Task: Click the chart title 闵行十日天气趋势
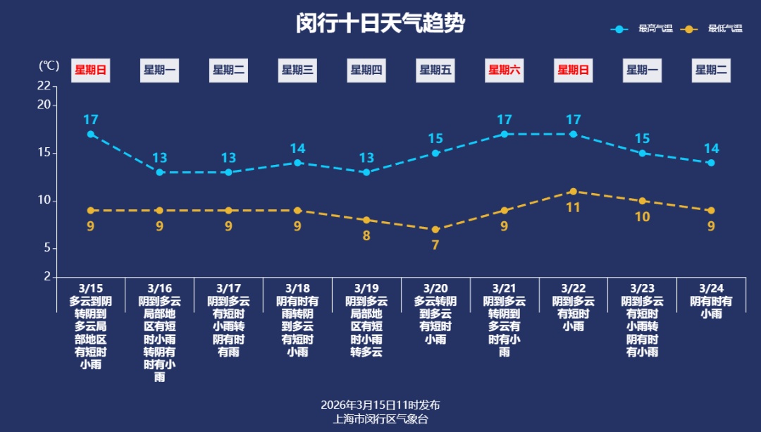(x=380, y=24)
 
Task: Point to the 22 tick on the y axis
(x=44, y=86)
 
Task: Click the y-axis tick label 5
(x=47, y=248)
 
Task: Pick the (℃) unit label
(x=49, y=66)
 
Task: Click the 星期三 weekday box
(x=297, y=70)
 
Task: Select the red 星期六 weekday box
(x=505, y=70)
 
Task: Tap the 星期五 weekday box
(x=435, y=70)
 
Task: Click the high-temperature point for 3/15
(x=91, y=134)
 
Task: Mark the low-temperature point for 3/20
(x=435, y=230)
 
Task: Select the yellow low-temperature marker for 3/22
(x=574, y=192)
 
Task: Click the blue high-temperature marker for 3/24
(x=711, y=163)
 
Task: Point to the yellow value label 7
(x=435, y=245)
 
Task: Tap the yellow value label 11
(x=574, y=207)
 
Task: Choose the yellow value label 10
(x=642, y=217)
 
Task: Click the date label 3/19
(x=366, y=288)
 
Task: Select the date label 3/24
(x=711, y=288)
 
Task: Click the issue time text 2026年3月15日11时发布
(x=380, y=405)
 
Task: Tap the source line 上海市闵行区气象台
(x=380, y=419)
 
